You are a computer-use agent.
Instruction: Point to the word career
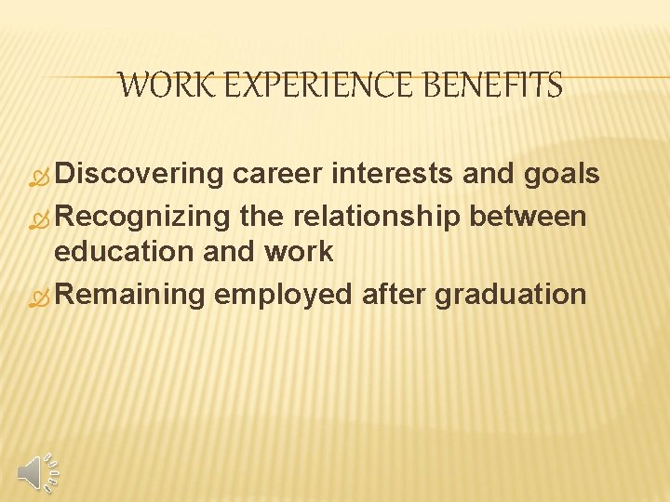[x=280, y=175]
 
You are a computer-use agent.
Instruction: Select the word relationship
[x=377, y=217]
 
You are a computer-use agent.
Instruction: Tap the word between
[x=528, y=217]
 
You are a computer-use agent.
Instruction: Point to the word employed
[x=283, y=295]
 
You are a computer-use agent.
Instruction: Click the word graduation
[x=511, y=295]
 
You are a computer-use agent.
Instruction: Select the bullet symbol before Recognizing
[x=42, y=218]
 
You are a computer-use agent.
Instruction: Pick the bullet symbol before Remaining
[x=42, y=297]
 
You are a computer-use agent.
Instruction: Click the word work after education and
[x=298, y=252]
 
